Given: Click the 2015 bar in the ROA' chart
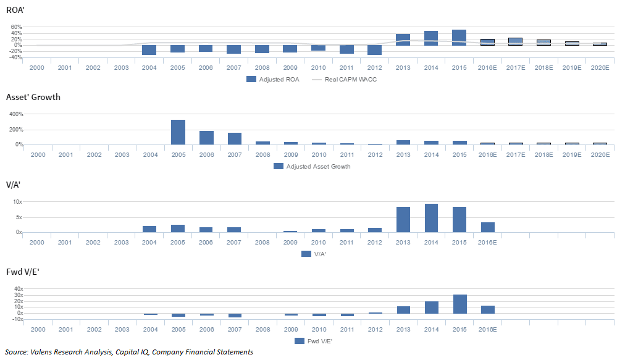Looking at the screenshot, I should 459,38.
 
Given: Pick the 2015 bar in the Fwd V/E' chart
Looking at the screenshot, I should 459,304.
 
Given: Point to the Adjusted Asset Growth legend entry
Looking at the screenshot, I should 312,166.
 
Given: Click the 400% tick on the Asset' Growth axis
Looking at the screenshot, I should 15,114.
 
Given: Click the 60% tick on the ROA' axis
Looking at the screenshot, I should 16,28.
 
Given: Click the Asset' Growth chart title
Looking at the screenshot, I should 33,97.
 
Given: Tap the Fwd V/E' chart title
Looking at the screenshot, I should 23,272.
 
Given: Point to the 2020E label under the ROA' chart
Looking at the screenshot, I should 600,67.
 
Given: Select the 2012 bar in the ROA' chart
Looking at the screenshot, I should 374,50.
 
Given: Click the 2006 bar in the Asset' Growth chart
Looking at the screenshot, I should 206,138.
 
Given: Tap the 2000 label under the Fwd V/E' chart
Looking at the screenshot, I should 37,329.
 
